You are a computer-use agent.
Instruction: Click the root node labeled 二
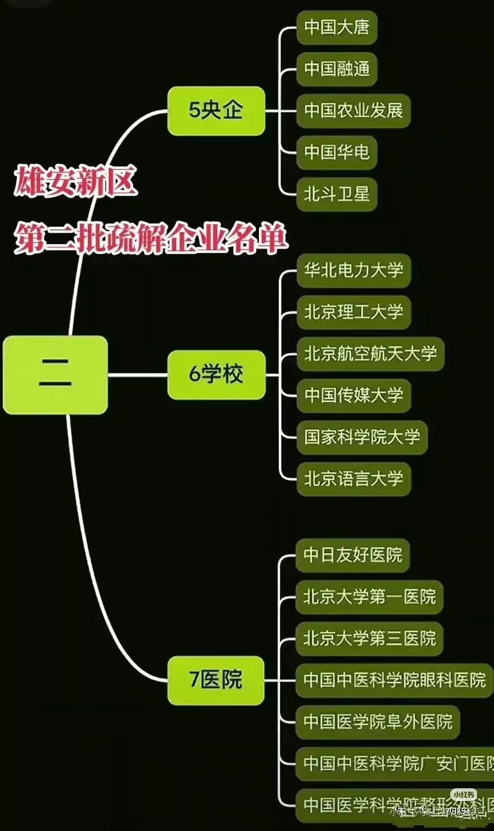point(55,375)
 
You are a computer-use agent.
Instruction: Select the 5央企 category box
point(216,110)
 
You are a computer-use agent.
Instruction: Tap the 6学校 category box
point(216,375)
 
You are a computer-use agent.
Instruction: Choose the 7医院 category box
point(216,680)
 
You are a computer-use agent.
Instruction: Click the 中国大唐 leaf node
point(337,27)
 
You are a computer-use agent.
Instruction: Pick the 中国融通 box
point(337,69)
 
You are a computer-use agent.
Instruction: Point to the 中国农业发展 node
point(353,110)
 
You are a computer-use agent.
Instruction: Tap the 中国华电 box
point(337,152)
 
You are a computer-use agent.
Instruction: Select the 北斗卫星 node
point(337,194)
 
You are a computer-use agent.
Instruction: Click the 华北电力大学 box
point(353,270)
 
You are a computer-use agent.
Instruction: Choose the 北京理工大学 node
point(353,312)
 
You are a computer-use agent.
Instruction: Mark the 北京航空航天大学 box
point(370,354)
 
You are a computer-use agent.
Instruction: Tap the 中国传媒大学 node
point(353,395)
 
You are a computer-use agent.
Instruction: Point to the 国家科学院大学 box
point(361,437)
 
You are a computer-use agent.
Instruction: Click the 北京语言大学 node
point(353,479)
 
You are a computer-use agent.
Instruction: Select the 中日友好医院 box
point(352,555)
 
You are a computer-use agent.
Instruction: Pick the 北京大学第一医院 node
point(369,597)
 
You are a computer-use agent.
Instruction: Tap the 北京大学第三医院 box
point(369,639)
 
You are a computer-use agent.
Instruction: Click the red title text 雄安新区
point(75,181)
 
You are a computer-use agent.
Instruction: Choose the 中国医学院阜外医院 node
point(377,722)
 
